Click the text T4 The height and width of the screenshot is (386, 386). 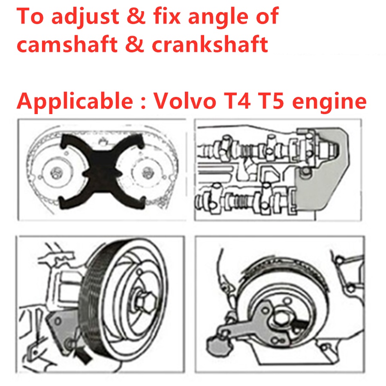[241, 102]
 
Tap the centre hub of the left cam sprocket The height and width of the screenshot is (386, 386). [56, 174]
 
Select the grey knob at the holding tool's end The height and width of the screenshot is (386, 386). [214, 344]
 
